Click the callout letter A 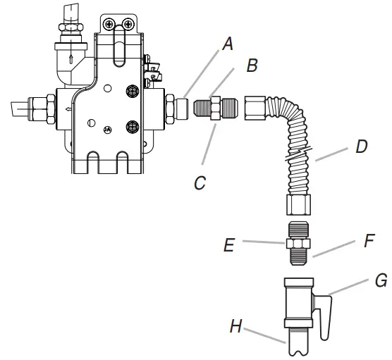[228, 44]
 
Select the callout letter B [252, 66]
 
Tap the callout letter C [200, 182]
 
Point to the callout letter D [362, 147]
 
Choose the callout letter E [229, 244]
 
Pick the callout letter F [369, 240]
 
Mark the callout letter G [381, 280]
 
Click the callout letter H [236, 326]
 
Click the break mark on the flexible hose [299, 154]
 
